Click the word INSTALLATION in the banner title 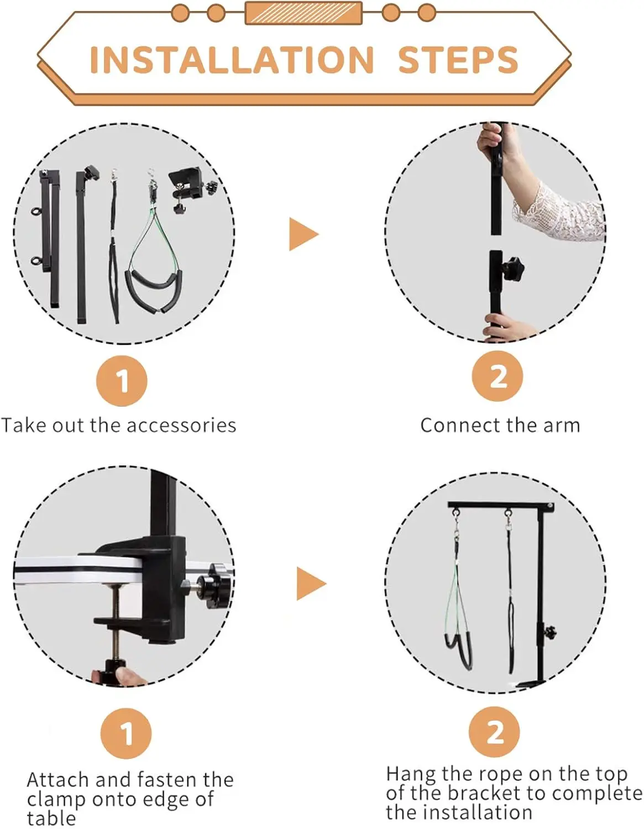click(232, 60)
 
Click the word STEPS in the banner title click(458, 60)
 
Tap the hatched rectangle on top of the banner click(303, 13)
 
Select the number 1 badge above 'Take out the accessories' click(122, 381)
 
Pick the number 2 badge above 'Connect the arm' click(498, 376)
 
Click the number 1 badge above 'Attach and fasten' click(126, 734)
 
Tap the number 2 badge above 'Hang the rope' click(494, 732)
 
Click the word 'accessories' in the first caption click(181, 426)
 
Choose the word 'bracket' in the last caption click(489, 794)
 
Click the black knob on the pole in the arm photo click(512, 269)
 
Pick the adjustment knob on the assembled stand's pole click(550, 633)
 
